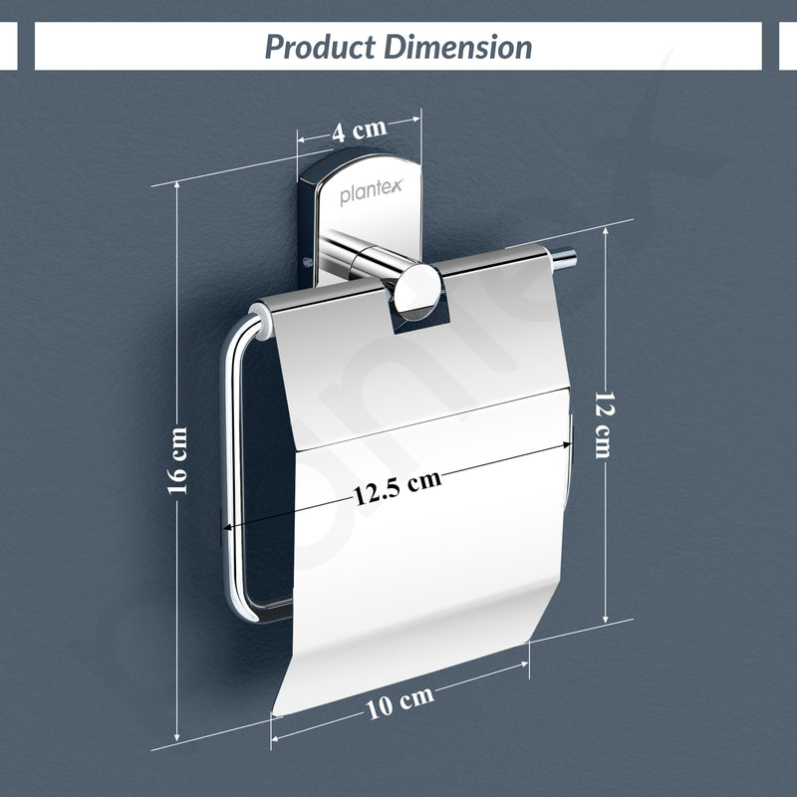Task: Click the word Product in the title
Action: click(320, 47)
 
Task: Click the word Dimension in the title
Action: click(457, 47)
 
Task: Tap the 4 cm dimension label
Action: click(360, 130)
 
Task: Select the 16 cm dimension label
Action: click(178, 460)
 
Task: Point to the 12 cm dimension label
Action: click(605, 425)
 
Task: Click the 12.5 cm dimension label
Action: click(398, 488)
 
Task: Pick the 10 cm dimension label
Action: click(400, 702)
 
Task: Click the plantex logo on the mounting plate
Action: click(371, 191)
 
